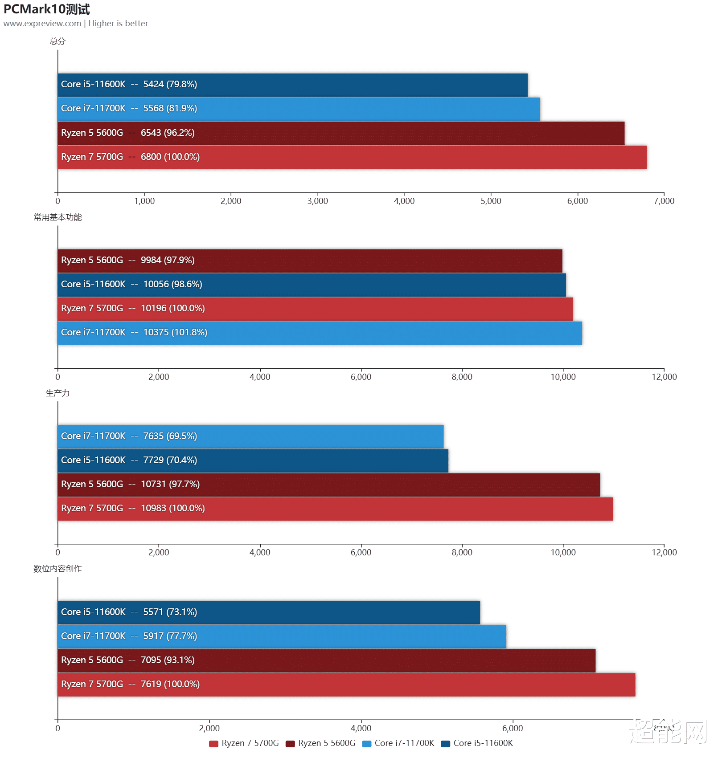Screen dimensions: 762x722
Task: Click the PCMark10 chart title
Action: pyautogui.click(x=47, y=9)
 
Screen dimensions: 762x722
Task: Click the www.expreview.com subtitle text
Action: pyautogui.click(x=42, y=24)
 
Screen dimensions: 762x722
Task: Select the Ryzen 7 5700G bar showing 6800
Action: pyautogui.click(x=352, y=157)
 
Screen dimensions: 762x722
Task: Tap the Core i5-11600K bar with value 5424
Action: pyautogui.click(x=292, y=85)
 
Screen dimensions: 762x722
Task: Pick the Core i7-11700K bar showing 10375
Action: pyautogui.click(x=320, y=333)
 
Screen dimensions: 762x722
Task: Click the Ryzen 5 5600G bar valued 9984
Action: pyautogui.click(x=310, y=261)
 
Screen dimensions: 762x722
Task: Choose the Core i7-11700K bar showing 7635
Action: pyautogui.click(x=250, y=436)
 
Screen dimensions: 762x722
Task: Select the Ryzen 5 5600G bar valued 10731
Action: pyautogui.click(x=328, y=485)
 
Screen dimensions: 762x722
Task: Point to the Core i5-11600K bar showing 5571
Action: pyautogui.click(x=269, y=612)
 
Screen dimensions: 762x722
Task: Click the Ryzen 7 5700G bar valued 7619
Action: pyautogui.click(x=346, y=685)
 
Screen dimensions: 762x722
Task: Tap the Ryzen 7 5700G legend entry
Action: pyautogui.click(x=244, y=743)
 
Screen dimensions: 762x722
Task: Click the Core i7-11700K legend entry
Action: pyautogui.click(x=398, y=743)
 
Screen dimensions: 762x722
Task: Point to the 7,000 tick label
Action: pyautogui.click(x=664, y=201)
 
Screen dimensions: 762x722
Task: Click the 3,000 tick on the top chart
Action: pyautogui.click(x=317, y=201)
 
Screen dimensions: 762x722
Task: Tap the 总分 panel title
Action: pyautogui.click(x=57, y=41)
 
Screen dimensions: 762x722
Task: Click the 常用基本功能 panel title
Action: pyautogui.click(x=57, y=217)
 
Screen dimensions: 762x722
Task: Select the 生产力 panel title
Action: pyautogui.click(x=57, y=393)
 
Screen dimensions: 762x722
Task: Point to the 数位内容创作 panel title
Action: pyautogui.click(x=57, y=569)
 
